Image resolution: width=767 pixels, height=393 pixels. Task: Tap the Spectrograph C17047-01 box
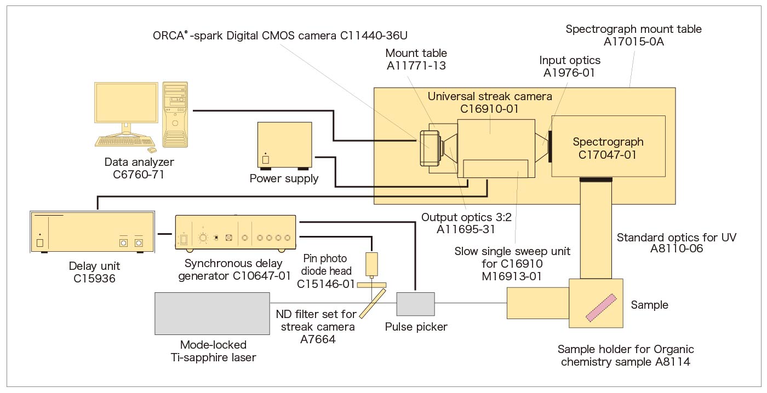click(608, 146)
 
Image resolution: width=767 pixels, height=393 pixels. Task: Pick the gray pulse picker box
click(415, 304)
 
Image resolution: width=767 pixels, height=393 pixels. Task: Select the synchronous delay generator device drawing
click(236, 233)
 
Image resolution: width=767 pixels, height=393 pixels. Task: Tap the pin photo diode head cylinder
click(372, 264)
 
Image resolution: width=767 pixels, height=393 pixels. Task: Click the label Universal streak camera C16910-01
click(490, 102)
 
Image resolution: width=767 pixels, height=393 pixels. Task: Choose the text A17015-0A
click(633, 42)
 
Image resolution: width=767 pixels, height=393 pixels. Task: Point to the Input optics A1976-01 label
click(570, 66)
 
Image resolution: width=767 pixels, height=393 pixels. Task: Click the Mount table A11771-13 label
click(416, 59)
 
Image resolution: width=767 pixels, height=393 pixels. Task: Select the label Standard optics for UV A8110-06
click(677, 243)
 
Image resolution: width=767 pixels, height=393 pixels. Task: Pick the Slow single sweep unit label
click(512, 264)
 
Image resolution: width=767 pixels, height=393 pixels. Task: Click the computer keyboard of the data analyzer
click(123, 141)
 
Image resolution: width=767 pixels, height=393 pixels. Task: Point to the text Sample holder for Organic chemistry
click(626, 355)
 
